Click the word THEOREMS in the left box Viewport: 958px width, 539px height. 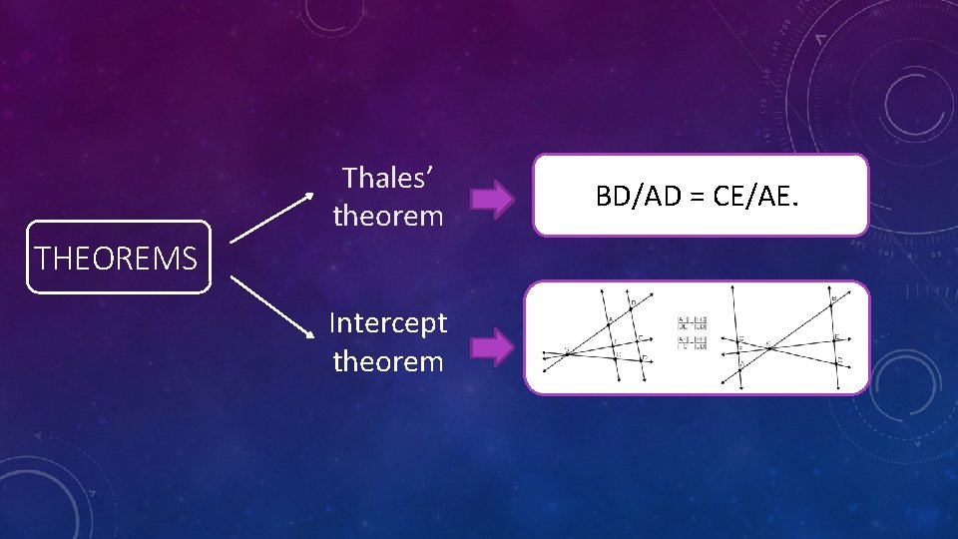(x=117, y=259)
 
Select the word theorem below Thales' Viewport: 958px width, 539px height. (x=388, y=216)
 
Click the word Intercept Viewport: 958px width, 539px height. (x=388, y=322)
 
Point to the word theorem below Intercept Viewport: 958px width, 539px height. (x=388, y=361)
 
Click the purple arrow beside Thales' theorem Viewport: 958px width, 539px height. (x=491, y=199)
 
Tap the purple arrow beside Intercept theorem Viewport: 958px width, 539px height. (x=491, y=347)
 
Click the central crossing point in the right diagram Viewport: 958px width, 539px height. (x=769, y=346)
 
